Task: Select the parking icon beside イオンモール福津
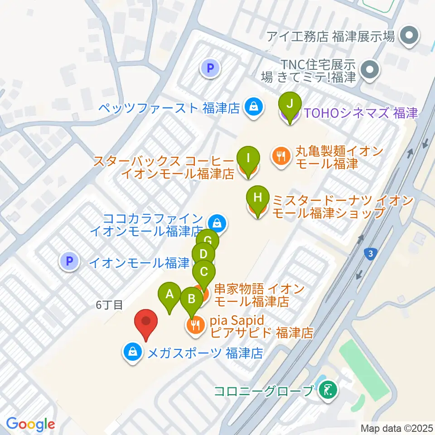click(x=69, y=261)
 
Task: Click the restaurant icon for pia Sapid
click(x=195, y=326)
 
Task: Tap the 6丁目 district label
click(x=109, y=305)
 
